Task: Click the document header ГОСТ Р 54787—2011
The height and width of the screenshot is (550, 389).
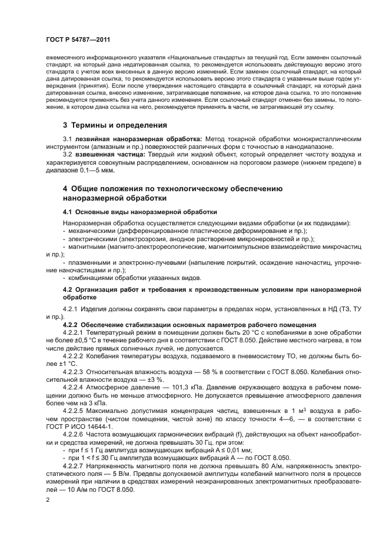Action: coord(77,39)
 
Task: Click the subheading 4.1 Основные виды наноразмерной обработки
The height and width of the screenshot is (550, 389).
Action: coord(140,211)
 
